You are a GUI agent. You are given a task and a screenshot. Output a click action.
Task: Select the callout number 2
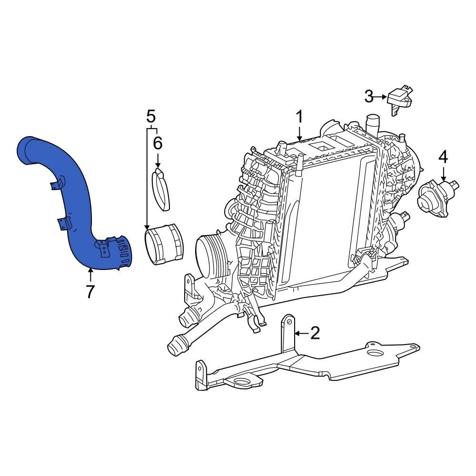coord(315,333)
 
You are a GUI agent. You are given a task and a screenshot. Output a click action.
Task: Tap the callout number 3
coord(369,97)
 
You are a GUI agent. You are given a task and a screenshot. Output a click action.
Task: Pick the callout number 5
coord(151,116)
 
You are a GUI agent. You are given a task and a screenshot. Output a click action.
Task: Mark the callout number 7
coord(90,291)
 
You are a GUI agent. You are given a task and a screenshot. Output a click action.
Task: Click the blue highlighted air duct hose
coord(76,200)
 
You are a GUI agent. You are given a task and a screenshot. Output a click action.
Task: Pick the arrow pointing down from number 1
coord(299,133)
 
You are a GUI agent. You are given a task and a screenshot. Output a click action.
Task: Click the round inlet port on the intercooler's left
coord(209,253)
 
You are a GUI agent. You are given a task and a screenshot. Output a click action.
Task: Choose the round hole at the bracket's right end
coord(377,353)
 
